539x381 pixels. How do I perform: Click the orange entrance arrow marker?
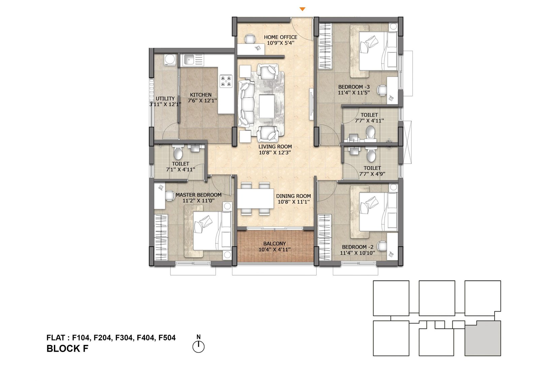[x=303, y=9]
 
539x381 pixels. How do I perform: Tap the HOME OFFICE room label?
[x=281, y=37]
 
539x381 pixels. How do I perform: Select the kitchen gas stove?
[x=226, y=81]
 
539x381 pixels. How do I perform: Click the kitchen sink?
[x=189, y=60]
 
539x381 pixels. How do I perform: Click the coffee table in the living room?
[x=267, y=106]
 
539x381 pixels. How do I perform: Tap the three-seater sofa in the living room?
[x=246, y=104]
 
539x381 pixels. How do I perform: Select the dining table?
[x=256, y=198]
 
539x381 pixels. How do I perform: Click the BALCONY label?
[x=275, y=244]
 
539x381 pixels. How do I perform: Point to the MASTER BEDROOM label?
[x=198, y=195]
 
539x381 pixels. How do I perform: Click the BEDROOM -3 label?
[x=354, y=87]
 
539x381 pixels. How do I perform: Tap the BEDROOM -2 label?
[x=357, y=247]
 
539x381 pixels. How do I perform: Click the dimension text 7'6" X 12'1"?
[x=202, y=101]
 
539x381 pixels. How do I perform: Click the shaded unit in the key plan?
[x=483, y=338]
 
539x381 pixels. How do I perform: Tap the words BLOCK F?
[x=67, y=349]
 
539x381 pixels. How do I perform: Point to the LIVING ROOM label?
[x=275, y=147]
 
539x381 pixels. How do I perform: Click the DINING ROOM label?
[x=293, y=196]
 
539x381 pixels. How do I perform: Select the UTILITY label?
[x=165, y=99]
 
